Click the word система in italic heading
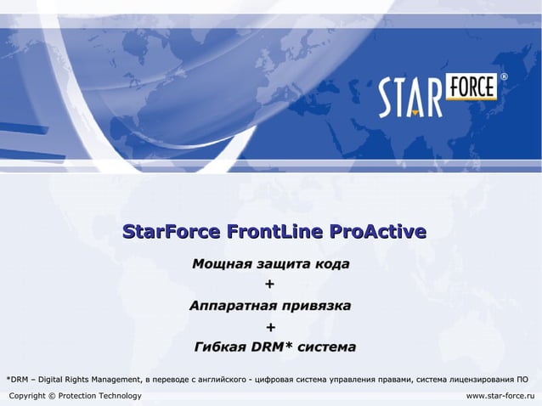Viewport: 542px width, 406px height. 326,347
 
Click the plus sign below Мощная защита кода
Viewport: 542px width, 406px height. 270,285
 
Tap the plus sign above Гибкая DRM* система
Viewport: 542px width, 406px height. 270,327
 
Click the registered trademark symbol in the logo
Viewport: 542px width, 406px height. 504,77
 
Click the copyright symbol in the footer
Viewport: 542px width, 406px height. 53,396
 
